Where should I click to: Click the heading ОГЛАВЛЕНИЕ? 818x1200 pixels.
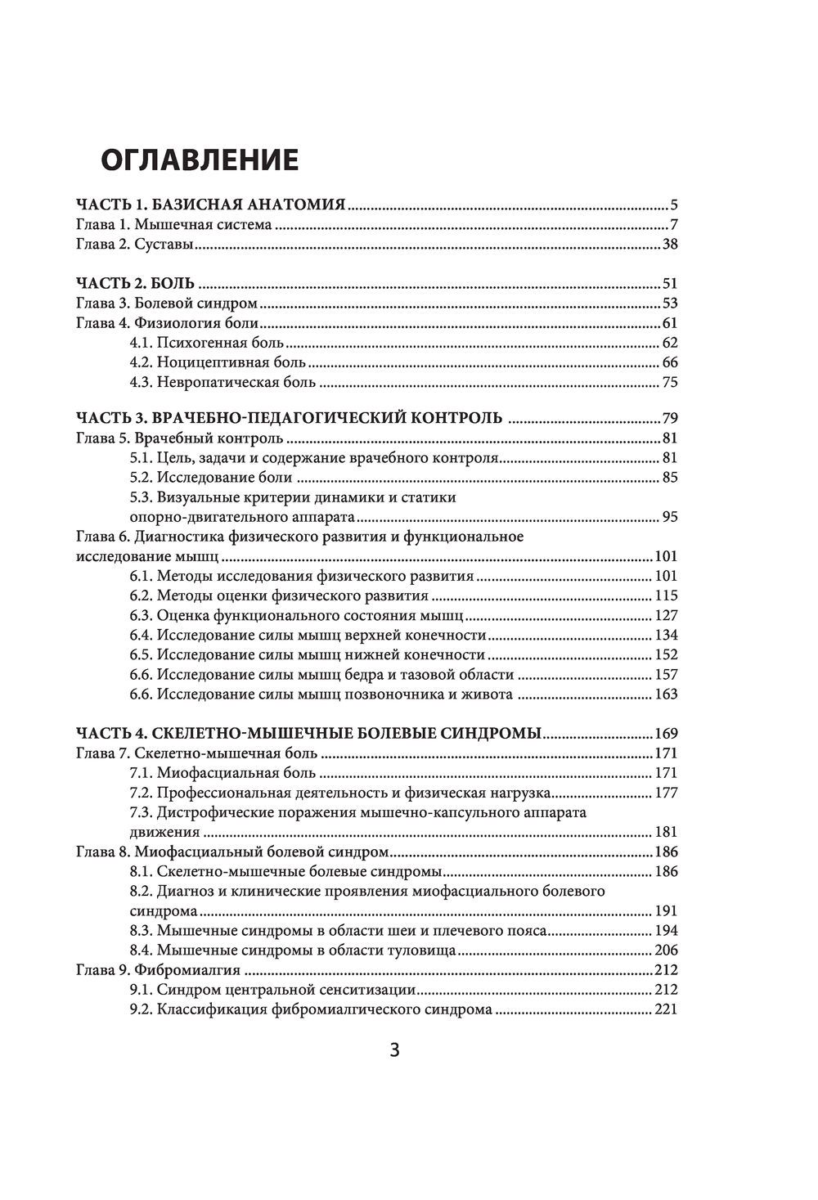pos(199,160)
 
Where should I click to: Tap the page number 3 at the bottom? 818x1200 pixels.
pos(394,1050)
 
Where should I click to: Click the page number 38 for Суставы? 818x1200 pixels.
pos(670,245)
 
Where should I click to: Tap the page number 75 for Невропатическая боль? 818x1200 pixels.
pos(670,382)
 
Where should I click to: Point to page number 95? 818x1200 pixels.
pos(670,517)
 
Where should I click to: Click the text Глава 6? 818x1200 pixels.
pos(101,537)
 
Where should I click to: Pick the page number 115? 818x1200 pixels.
pos(667,596)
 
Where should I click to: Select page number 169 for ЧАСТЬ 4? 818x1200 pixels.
pos(666,734)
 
